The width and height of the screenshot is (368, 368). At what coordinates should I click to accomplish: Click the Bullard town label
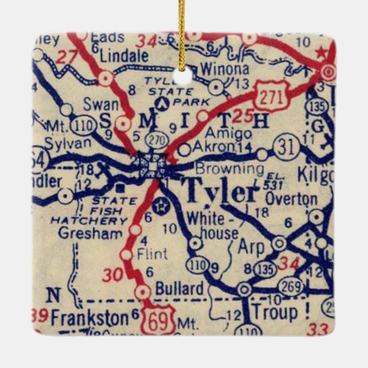click(x=179, y=287)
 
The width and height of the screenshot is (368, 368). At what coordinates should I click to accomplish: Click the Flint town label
click(x=152, y=253)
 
